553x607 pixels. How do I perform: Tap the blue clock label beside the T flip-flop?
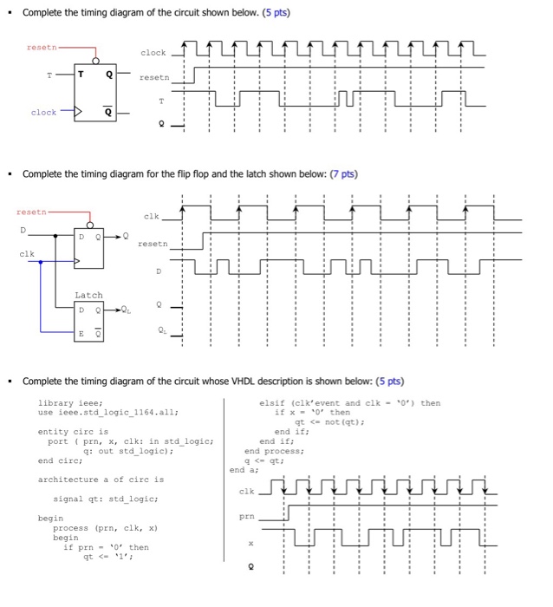pos(43,113)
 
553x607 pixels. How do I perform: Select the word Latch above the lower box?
pos(88,296)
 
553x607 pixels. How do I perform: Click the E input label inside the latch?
pos(82,332)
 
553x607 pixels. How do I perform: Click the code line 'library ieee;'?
pos(71,403)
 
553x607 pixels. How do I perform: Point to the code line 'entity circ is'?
pos(74,431)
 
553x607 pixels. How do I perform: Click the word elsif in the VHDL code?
pos(272,403)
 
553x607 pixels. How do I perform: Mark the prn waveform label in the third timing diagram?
pos(246,518)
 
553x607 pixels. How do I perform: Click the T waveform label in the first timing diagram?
pos(159,101)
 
